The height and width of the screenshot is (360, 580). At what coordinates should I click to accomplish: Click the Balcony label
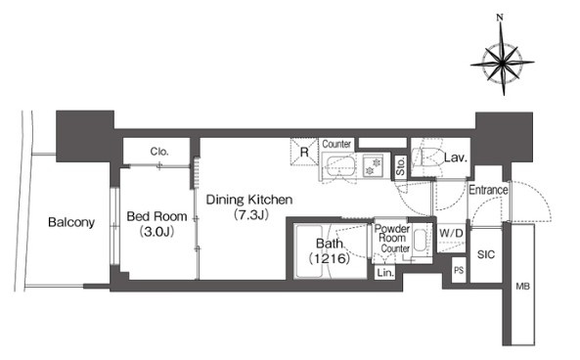click(71, 222)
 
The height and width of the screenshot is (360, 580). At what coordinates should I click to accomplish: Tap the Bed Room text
click(156, 216)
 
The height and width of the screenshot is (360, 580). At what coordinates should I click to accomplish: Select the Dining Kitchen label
click(249, 200)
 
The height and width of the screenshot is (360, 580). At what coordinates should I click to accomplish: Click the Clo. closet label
click(159, 152)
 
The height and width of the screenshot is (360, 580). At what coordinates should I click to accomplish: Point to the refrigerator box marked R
click(304, 152)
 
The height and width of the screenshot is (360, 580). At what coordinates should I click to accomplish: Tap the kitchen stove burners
click(374, 166)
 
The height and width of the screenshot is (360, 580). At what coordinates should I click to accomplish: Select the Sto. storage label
click(400, 166)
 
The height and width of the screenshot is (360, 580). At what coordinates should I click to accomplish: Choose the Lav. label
click(456, 157)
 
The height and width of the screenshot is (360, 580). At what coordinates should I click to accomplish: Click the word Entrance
click(488, 190)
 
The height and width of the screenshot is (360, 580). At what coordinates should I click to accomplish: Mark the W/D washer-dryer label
click(451, 234)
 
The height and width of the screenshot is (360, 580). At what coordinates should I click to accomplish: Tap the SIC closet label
click(486, 254)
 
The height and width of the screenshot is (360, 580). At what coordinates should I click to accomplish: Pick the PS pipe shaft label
click(459, 270)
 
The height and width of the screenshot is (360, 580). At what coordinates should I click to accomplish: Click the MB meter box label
click(522, 286)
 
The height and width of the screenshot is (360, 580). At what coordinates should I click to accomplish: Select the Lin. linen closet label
click(385, 273)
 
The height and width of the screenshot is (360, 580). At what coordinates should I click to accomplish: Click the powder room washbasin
click(421, 241)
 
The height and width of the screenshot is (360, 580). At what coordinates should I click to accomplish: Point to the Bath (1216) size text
click(330, 258)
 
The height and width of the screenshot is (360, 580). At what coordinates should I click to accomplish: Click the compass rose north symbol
click(503, 63)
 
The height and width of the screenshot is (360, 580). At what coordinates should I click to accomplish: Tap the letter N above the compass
click(500, 17)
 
